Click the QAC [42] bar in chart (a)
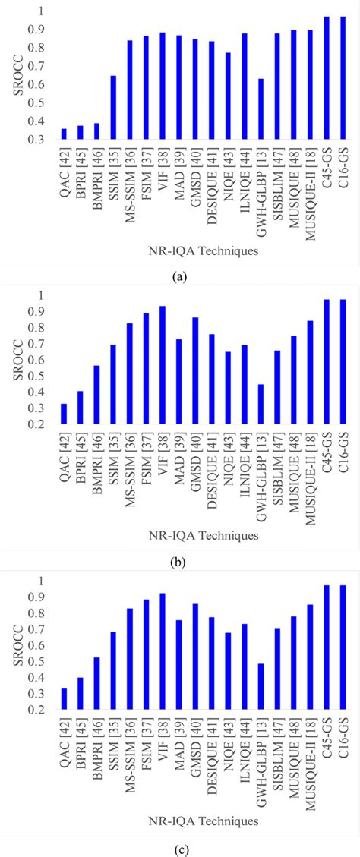coord(64,134)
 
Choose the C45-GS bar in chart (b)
coord(327,362)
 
